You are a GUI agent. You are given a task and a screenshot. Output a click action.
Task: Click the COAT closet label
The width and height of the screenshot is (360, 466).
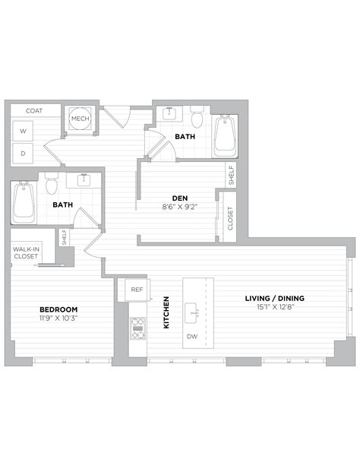pyautogui.click(x=33, y=111)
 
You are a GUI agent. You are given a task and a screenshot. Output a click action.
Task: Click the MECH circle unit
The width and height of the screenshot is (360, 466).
pyautogui.click(x=80, y=119)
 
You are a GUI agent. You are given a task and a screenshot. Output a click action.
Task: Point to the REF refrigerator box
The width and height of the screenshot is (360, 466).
pyautogui.click(x=137, y=290)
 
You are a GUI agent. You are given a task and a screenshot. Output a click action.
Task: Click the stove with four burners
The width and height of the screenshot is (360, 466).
pyautogui.click(x=137, y=328)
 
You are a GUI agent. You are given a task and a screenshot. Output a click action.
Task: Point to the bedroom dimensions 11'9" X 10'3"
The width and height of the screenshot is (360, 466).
pyautogui.click(x=58, y=318)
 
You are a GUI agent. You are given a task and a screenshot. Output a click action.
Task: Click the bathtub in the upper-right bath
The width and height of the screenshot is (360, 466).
pyautogui.click(x=226, y=136)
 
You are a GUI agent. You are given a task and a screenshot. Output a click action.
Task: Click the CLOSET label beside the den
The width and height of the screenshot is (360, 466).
pyautogui.click(x=230, y=218)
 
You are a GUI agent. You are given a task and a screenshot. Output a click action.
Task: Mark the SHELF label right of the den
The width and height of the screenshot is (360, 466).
pyautogui.click(x=230, y=175)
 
